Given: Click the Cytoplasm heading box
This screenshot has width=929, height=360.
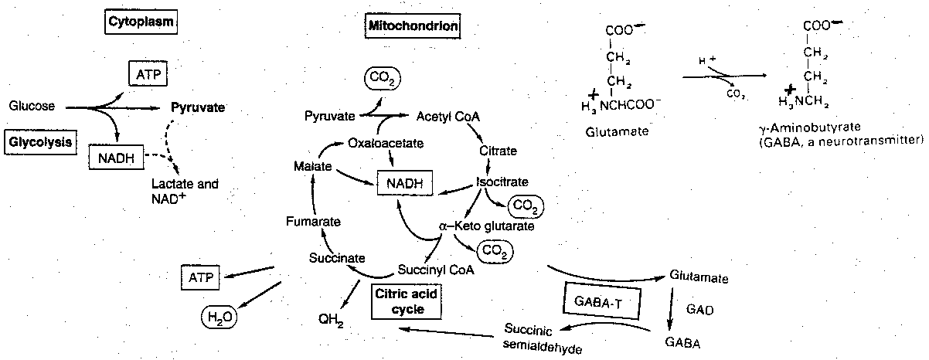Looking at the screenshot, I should click(141, 22).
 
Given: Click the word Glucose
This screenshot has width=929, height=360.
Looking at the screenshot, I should click(32, 107).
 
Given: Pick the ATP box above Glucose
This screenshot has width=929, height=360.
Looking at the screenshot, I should click(147, 75).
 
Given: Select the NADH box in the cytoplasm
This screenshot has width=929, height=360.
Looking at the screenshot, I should click(113, 158).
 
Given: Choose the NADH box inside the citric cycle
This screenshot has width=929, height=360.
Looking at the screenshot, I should click(403, 184).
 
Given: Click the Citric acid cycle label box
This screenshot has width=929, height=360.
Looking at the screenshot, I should click(399, 301).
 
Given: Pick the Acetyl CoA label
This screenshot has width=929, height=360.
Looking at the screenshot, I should click(448, 117).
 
